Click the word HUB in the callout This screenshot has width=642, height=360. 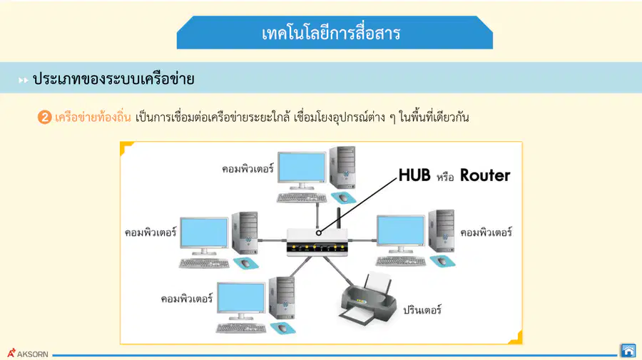(414, 175)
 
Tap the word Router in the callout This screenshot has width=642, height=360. (485, 175)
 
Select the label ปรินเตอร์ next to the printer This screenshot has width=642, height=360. (422, 309)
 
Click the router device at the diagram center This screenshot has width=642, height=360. (317, 242)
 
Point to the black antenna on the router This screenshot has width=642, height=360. (339, 218)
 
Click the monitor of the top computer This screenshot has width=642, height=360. (302, 170)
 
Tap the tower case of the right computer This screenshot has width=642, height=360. (442, 231)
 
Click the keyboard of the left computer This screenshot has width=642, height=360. (204, 264)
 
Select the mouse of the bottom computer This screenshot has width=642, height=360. (282, 328)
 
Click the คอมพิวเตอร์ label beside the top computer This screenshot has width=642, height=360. (248, 168)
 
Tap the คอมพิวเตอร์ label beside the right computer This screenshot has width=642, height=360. (486, 232)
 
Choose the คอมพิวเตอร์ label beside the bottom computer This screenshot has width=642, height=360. (187, 298)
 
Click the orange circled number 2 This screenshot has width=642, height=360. (44, 118)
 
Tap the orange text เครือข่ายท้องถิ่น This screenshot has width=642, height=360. (93, 117)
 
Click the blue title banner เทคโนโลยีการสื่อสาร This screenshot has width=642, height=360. (335, 33)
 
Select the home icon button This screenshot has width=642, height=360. (628, 351)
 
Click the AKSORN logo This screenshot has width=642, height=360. (27, 354)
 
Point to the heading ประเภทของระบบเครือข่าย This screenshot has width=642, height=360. (113, 78)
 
